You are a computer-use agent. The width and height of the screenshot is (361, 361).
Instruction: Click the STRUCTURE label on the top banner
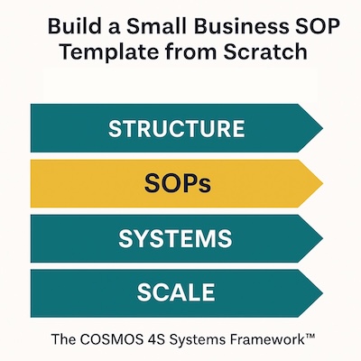176,128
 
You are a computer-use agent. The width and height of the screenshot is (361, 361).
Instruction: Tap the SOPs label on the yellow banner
177,183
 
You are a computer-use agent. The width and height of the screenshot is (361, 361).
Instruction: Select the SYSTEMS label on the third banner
176,238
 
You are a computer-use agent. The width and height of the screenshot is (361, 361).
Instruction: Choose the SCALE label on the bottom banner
176,292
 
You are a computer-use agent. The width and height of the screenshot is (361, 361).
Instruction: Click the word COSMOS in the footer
128,340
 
